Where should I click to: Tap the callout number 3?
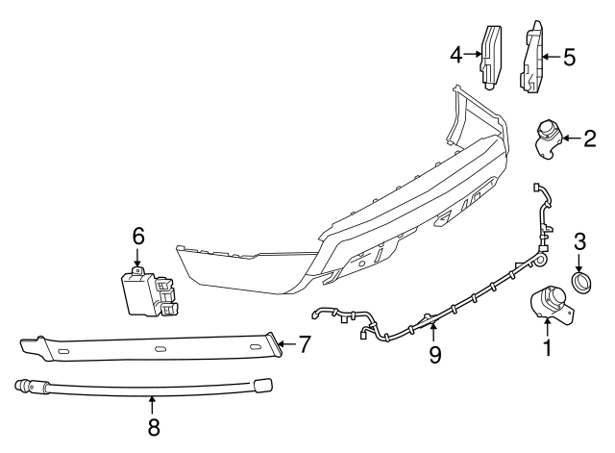pos(579,240)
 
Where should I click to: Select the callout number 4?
pos(457,56)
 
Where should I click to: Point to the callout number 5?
pos(569,58)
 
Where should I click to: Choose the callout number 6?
pos(138,236)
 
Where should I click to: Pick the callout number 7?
pos(304,342)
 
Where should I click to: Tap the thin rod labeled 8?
pos(144,388)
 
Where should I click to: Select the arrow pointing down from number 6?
pos(138,259)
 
